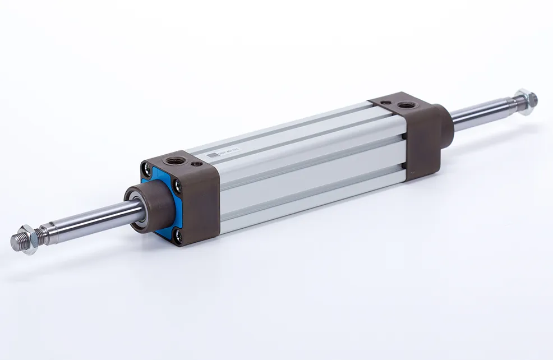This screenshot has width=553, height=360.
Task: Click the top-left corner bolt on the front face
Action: pos(146,166)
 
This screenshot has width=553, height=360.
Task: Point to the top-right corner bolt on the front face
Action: pos(178,188)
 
